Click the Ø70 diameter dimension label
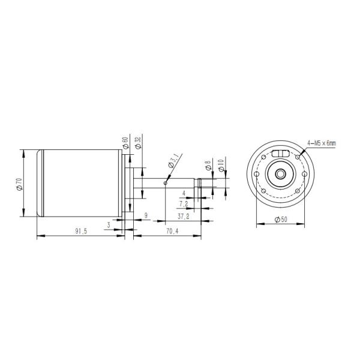click(20, 184)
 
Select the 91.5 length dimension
click(81, 231)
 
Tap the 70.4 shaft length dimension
click(172, 231)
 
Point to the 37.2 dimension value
click(184, 216)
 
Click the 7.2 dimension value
click(184, 203)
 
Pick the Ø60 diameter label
click(125, 143)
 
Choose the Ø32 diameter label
click(138, 143)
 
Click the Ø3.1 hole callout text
click(173, 161)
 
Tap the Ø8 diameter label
click(208, 165)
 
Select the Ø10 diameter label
click(221, 166)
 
